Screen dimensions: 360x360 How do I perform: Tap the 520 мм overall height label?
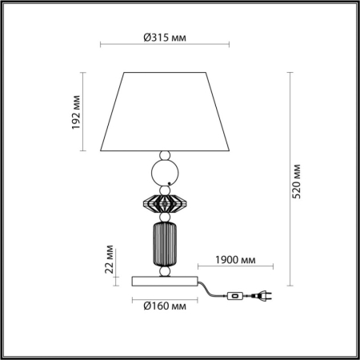[x=297, y=183]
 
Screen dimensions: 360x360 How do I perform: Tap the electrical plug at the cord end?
[x=262, y=297]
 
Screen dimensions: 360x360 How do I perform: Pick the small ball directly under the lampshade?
[x=165, y=154]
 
